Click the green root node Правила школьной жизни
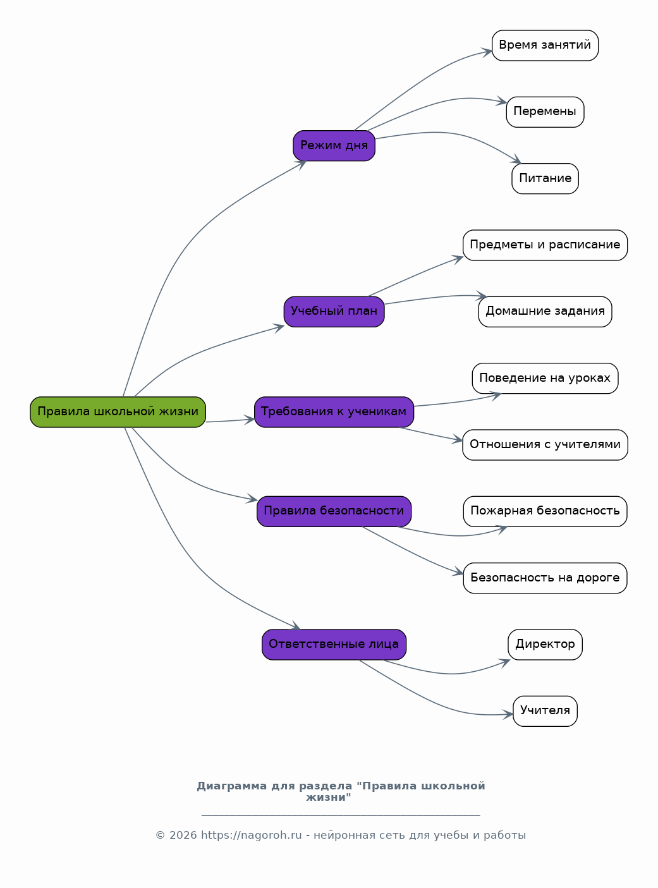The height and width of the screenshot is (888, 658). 118,412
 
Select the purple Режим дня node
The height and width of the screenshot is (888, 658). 334,146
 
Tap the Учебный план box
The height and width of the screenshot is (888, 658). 334,312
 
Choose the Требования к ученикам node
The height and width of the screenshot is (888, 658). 334,412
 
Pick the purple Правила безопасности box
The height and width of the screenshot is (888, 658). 334,511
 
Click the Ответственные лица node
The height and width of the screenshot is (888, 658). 334,645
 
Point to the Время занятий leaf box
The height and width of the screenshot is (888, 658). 545,46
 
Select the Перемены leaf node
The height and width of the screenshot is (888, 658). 545,112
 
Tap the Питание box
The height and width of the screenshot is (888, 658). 545,179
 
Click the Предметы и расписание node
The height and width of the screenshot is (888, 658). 545,245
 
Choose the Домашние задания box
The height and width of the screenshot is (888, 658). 545,312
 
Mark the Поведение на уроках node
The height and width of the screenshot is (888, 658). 545,379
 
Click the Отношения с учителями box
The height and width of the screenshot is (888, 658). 545,445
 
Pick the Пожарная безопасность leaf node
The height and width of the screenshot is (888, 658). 545,511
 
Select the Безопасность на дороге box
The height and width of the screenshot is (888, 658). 545,578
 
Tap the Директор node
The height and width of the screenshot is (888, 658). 545,645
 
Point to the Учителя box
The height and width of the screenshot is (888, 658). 545,711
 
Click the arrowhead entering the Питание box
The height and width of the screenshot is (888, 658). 516,160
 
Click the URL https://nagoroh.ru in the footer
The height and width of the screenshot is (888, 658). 251,835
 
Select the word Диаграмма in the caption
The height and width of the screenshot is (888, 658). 232,786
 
